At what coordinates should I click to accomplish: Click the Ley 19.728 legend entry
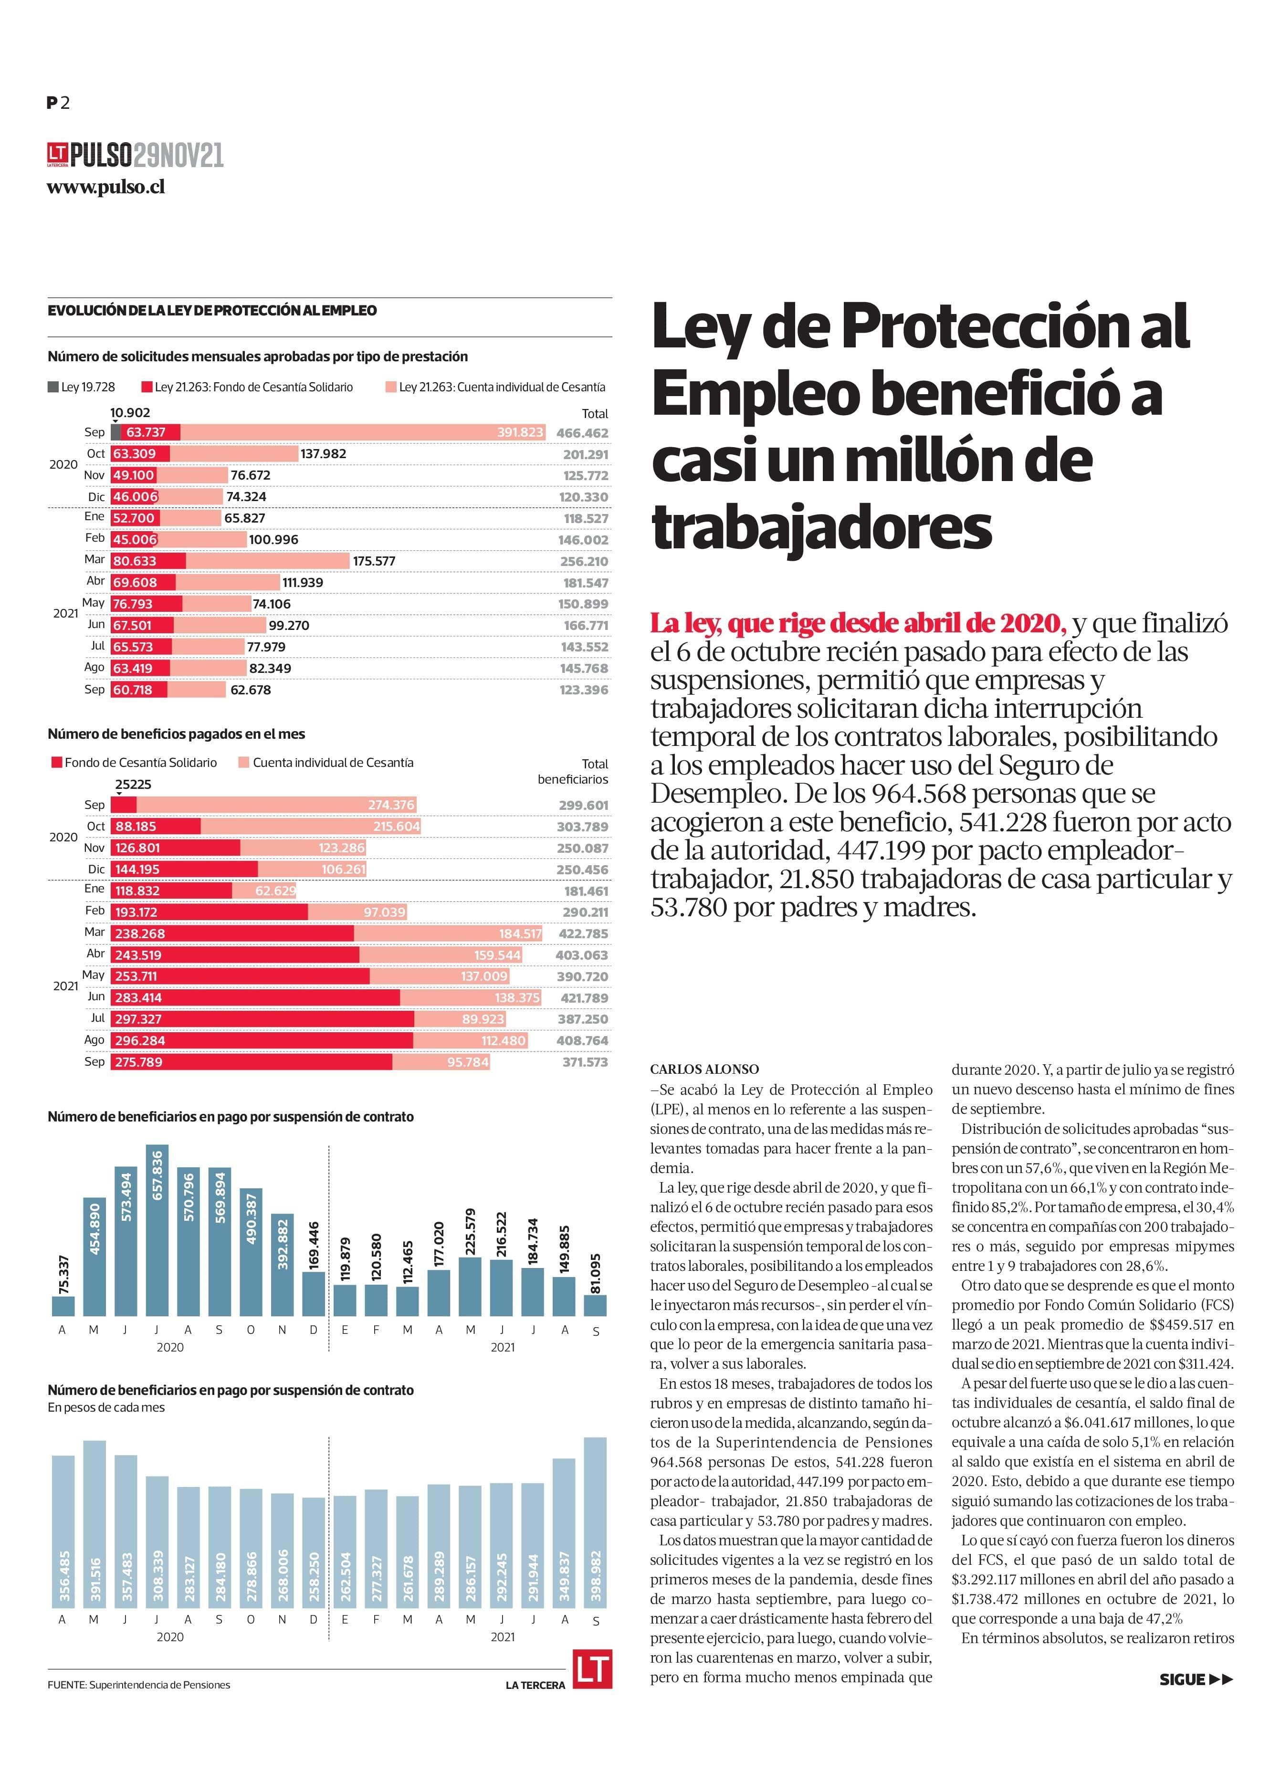coord(81,388)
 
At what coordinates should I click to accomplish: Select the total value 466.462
coord(582,432)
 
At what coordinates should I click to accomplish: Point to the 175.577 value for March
coord(374,561)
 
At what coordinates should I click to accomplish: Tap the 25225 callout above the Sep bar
coord(133,784)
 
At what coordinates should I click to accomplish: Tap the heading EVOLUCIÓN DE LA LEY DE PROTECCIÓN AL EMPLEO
coord(212,311)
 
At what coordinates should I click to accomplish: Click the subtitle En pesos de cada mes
coord(106,1408)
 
